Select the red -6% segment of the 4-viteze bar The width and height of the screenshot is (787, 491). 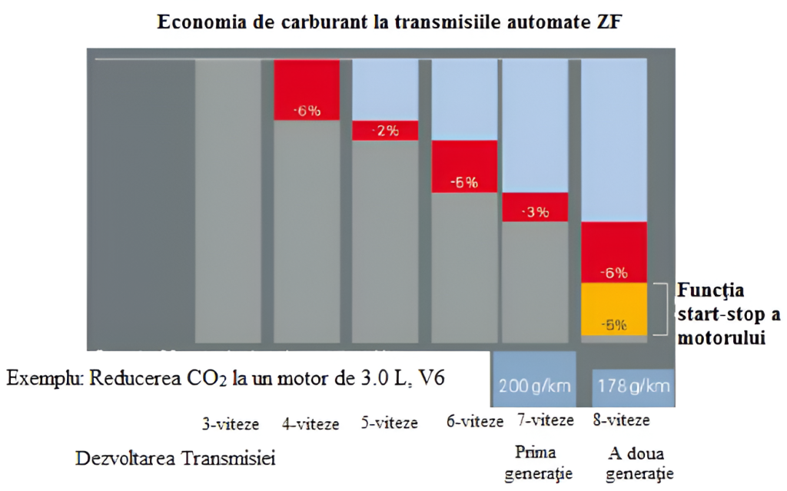[x=306, y=89]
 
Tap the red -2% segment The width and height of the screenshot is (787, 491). [x=384, y=130]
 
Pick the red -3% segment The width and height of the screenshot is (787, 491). [x=534, y=207]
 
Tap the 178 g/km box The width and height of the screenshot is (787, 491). [x=633, y=383]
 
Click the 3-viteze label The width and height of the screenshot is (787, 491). [x=231, y=423]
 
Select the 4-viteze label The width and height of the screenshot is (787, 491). [x=310, y=423]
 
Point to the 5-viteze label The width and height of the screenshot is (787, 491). [x=390, y=423]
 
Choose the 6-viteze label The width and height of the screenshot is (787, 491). [x=474, y=421]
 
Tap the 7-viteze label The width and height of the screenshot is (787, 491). [x=545, y=421]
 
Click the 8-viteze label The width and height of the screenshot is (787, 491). [x=621, y=421]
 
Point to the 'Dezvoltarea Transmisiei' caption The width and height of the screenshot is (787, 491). [x=175, y=459]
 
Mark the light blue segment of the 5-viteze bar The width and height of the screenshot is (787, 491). [x=384, y=89]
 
